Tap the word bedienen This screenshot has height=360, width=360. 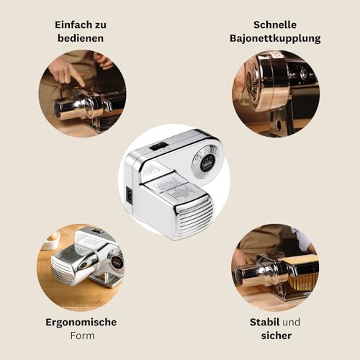(81, 38)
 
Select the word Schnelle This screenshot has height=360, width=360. (275, 24)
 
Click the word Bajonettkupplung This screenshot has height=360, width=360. (275, 39)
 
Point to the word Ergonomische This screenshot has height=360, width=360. (81, 323)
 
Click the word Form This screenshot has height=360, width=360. (82, 336)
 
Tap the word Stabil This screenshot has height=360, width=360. (264, 322)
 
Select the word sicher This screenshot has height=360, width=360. (276, 336)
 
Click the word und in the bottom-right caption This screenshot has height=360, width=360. (292, 323)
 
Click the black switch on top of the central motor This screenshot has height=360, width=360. (158, 146)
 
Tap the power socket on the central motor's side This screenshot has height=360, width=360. (129, 196)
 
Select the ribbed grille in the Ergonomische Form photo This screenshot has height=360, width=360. (63, 272)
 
